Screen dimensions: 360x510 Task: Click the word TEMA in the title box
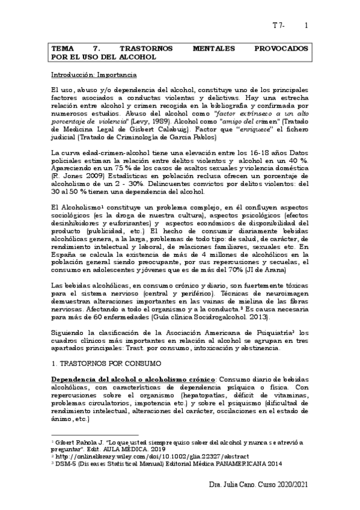61,47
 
